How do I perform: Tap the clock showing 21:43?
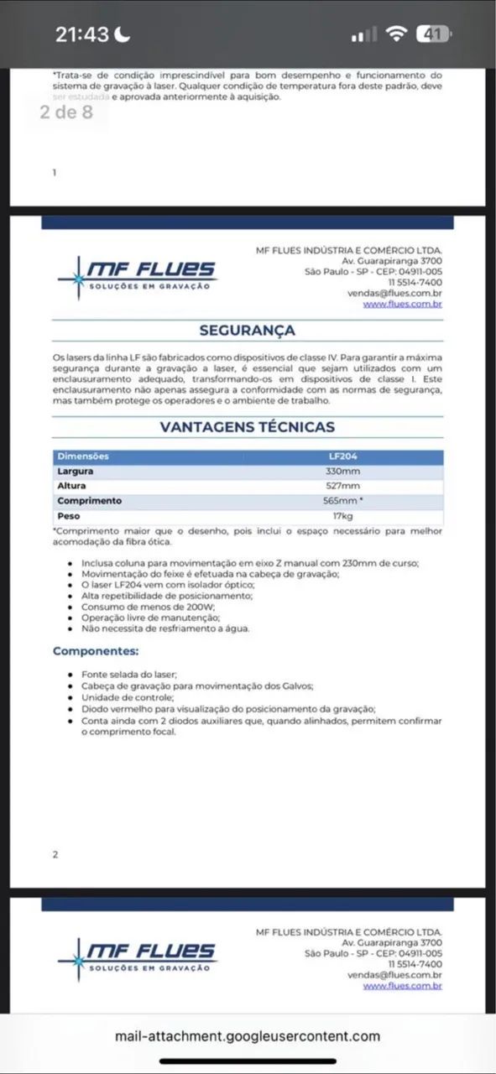82,34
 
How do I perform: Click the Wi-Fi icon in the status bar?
396,34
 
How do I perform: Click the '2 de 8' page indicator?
66,112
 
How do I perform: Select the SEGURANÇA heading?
247,331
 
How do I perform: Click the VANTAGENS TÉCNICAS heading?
247,427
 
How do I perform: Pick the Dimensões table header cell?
82,456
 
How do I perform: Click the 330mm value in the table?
343,472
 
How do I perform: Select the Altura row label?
71,487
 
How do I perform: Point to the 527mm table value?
343,487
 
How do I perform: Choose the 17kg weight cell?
343,516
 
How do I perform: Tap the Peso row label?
69,516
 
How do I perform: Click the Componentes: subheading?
96,651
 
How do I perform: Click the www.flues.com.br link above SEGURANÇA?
402,305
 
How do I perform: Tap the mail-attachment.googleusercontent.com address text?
248,1036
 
